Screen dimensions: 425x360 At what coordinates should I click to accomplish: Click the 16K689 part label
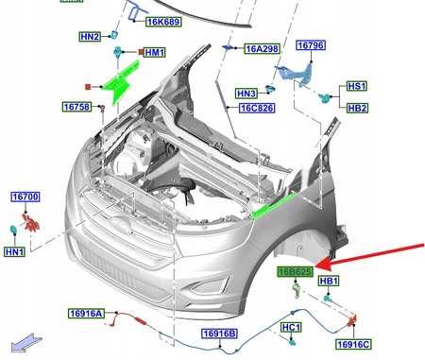[x=163, y=22]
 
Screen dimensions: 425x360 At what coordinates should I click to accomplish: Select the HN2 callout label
[x=90, y=37]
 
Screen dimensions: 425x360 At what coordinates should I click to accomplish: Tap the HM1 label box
[x=154, y=52]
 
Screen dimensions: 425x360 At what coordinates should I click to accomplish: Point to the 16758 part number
[x=76, y=107]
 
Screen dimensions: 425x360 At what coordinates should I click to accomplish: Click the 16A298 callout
[x=262, y=49]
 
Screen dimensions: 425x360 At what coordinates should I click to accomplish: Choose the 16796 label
[x=311, y=45]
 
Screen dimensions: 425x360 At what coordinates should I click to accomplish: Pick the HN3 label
[x=246, y=94]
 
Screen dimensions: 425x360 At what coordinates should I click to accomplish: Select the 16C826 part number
[x=257, y=108]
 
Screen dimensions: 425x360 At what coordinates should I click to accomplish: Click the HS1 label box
[x=357, y=86]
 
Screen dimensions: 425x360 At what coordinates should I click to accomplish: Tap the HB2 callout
[x=357, y=108]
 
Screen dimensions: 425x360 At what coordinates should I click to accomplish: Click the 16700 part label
[x=25, y=197]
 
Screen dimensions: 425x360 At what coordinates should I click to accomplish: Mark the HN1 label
[x=14, y=251]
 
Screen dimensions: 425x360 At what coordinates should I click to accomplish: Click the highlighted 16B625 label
[x=296, y=271]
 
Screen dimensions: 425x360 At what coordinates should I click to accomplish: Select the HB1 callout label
[x=329, y=281]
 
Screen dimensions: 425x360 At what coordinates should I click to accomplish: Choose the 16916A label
[x=86, y=314]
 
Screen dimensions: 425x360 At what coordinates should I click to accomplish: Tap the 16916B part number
[x=219, y=334]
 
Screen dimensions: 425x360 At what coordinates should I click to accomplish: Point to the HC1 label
[x=291, y=327]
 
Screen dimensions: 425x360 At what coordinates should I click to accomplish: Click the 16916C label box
[x=353, y=344]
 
